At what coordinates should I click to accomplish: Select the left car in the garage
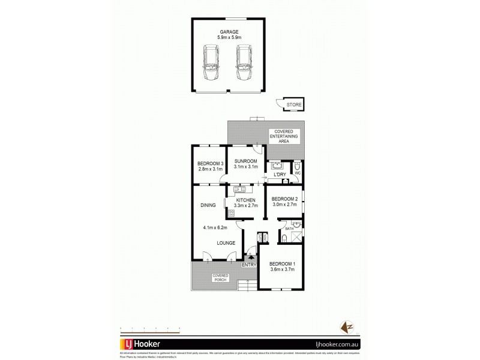(x=211, y=64)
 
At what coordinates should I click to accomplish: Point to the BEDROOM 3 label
(x=211, y=164)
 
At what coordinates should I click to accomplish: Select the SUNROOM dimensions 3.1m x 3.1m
(x=246, y=167)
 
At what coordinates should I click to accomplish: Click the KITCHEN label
(x=246, y=200)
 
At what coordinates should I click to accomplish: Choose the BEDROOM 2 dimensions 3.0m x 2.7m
(x=284, y=205)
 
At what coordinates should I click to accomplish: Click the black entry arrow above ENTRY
(x=250, y=257)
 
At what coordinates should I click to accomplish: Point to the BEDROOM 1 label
(x=282, y=264)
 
